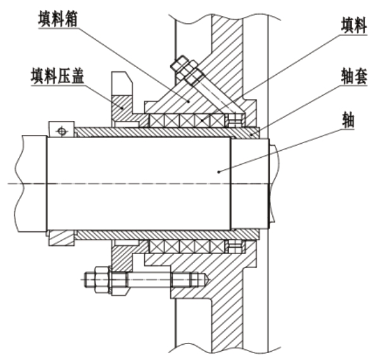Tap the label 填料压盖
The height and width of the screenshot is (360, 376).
pos(58,76)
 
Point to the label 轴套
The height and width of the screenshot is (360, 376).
pos(354,75)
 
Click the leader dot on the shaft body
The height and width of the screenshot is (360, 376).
pos(218,172)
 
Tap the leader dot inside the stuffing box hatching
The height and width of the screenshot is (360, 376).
pos(189,101)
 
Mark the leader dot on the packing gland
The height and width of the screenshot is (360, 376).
pos(123,108)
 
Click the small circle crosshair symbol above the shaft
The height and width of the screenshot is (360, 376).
pos(62,131)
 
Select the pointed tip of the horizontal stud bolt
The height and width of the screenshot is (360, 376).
pos(210,280)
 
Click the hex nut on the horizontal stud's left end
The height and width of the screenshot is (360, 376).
pos(102,280)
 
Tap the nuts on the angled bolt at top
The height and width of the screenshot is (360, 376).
pos(187,70)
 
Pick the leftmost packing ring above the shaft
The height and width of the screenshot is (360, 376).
pos(157,120)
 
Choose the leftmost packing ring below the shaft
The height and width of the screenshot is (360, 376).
pos(157,246)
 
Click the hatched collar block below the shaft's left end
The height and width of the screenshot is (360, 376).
pos(61,238)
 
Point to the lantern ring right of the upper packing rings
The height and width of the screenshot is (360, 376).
pos(235,120)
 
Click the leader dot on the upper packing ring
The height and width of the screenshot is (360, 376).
pos(202,120)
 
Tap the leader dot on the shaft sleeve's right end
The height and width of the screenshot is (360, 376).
pos(251,135)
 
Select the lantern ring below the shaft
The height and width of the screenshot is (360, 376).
pos(235,246)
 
